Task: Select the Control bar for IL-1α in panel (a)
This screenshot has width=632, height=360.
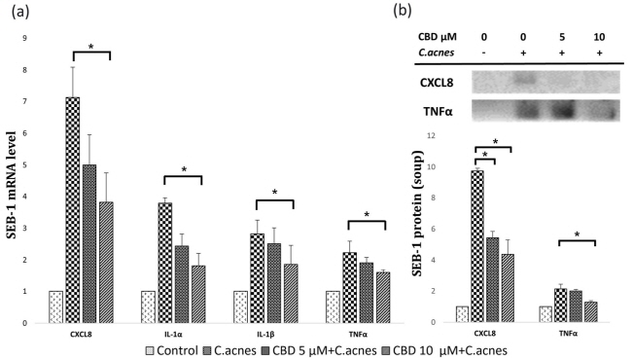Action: point(148,306)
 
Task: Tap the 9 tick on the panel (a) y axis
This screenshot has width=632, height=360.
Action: point(38,38)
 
